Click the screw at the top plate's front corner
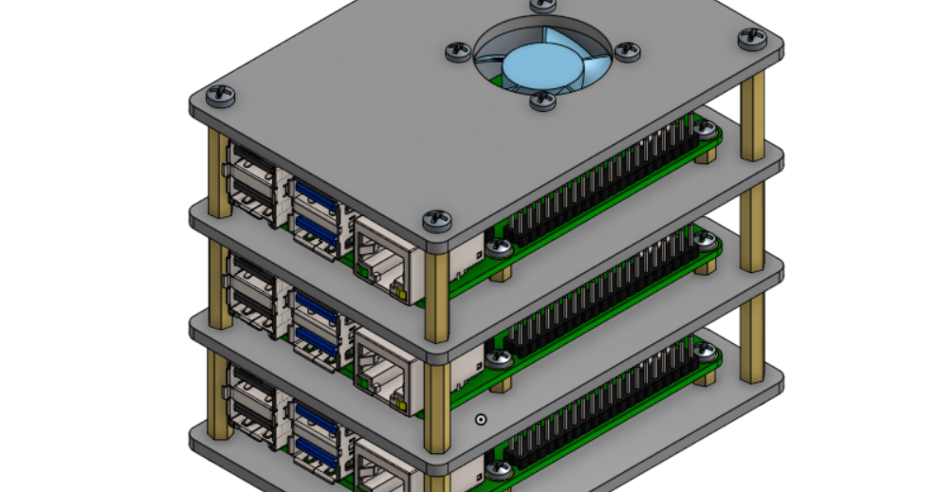(437, 220)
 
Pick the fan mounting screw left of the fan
(458, 50)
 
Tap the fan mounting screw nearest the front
(542, 100)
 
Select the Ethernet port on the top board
(384, 259)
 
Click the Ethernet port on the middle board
(384, 370)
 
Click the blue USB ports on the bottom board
(315, 431)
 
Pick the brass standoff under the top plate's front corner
(438, 289)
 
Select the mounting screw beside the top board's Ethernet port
(499, 248)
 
